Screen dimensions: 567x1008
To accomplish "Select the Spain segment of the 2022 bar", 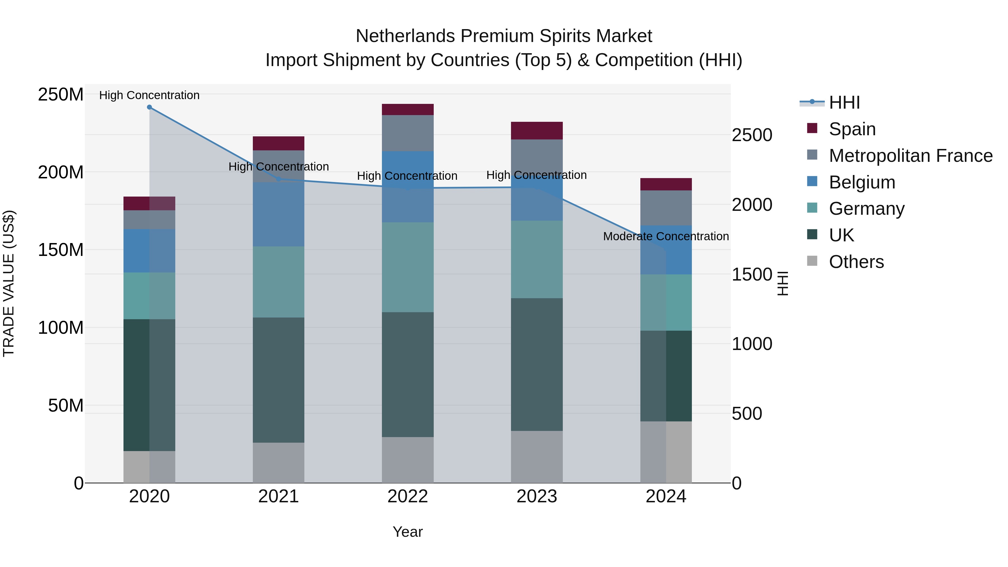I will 407,109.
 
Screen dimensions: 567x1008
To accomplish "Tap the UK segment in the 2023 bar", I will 536,364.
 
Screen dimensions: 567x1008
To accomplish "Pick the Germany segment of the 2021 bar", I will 278,282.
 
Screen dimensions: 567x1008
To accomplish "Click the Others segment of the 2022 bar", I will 407,460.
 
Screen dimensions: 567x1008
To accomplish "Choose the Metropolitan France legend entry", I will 910,156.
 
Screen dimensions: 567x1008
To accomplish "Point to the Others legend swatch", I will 812,261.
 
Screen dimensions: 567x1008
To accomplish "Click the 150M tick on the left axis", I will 61,250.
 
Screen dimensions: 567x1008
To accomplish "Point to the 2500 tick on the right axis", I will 752,136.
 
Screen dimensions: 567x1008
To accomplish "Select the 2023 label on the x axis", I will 536,496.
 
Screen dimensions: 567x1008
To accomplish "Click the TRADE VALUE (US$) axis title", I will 9,283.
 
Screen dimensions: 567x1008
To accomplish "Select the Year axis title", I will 407,532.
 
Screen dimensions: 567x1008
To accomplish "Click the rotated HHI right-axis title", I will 782,283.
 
